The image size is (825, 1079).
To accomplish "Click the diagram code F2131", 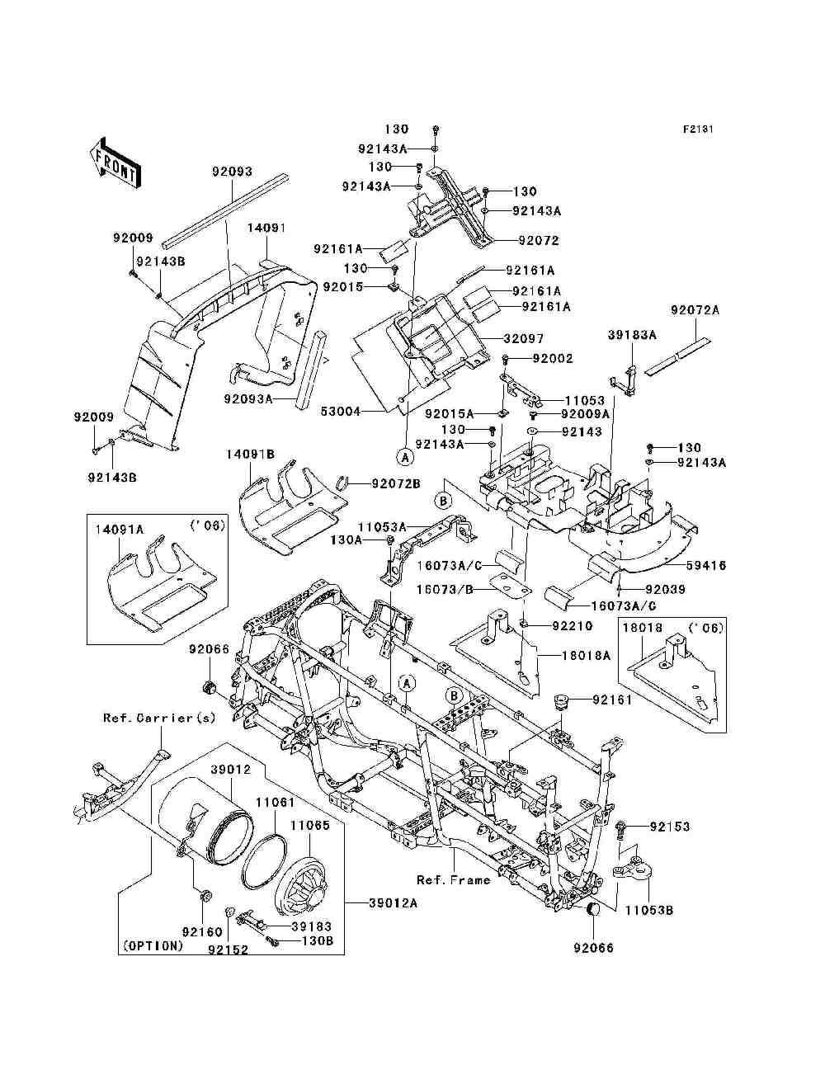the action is (x=698, y=130).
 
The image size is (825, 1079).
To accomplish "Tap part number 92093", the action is (x=232, y=172).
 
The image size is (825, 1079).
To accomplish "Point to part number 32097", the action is (x=524, y=339).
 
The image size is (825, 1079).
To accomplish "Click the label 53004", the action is (x=341, y=412).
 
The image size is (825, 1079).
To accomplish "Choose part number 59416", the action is (x=705, y=566).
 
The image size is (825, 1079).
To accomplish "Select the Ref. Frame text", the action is (x=453, y=879).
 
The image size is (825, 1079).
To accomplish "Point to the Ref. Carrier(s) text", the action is (x=159, y=719).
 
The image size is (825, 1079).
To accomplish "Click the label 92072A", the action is (x=695, y=310).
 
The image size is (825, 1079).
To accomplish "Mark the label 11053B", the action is (x=649, y=911).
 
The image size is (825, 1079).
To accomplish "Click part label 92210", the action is (x=573, y=626).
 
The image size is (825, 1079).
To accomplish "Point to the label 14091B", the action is (x=250, y=455).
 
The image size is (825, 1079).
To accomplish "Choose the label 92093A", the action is (x=247, y=398).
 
